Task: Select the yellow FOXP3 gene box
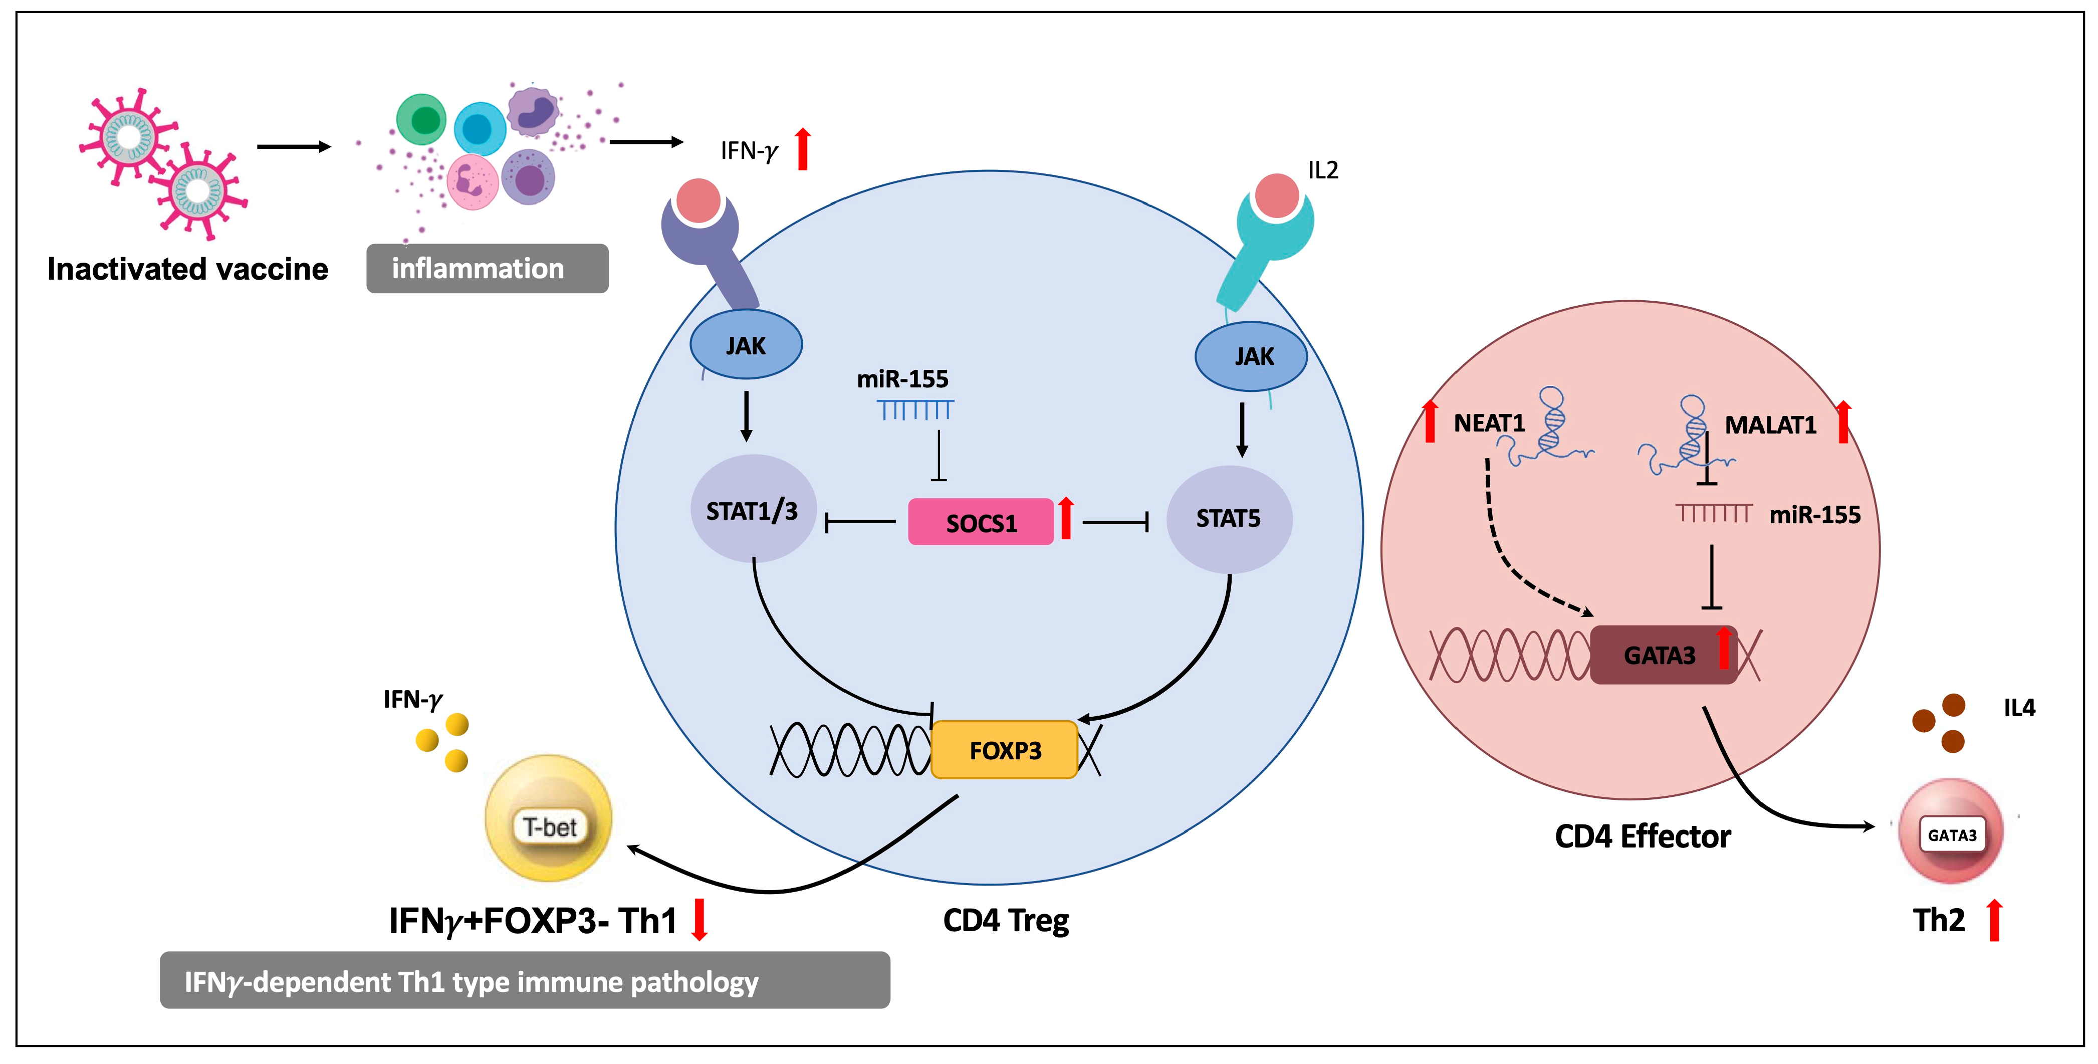click(x=1004, y=750)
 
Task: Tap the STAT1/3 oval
click(x=753, y=510)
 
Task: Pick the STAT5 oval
click(x=1228, y=518)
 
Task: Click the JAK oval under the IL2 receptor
click(x=1251, y=356)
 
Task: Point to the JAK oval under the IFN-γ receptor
click(x=745, y=345)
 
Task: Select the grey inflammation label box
click(x=487, y=268)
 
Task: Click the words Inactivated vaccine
click(x=187, y=269)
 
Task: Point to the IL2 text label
click(x=1323, y=170)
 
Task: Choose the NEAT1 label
click(x=1489, y=423)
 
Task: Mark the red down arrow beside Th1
click(x=698, y=919)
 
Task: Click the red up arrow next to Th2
click(x=1994, y=921)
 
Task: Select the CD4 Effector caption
click(x=1642, y=836)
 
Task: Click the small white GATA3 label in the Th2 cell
click(x=1951, y=835)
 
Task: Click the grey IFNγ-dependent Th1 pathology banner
click(x=525, y=980)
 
